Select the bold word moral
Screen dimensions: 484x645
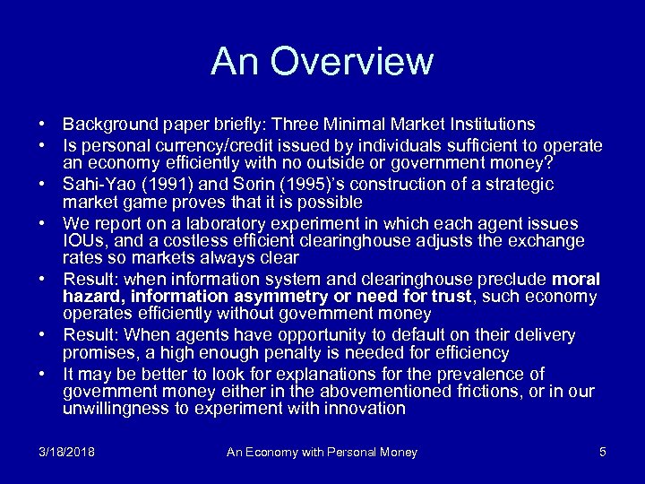coord(577,281)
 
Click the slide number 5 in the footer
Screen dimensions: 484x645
coord(602,452)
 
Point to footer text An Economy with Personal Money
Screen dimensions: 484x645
coord(322,453)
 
